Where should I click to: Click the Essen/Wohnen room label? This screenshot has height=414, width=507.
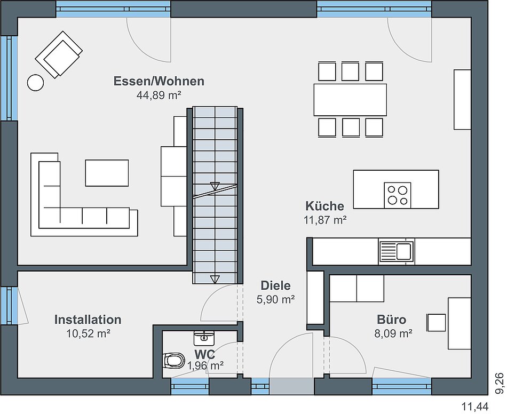tap(159, 81)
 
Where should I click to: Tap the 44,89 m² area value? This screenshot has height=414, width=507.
tap(159, 95)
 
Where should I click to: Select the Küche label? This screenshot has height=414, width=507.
tap(324, 206)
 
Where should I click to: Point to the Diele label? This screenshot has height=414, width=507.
tap(275, 286)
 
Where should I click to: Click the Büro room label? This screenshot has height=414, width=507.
tap(391, 320)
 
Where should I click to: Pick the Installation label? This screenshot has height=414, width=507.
tap(88, 320)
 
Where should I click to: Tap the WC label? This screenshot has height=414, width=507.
tap(204, 355)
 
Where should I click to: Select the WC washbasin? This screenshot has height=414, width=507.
tap(204, 338)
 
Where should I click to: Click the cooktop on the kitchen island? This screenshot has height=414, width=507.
tap(398, 195)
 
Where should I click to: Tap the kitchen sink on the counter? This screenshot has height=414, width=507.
tap(397, 252)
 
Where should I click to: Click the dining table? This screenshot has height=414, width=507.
tap(350, 100)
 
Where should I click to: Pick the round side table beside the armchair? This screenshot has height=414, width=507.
tap(35, 83)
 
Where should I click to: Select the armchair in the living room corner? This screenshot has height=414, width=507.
tap(59, 54)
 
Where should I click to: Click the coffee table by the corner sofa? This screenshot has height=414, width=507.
tap(107, 173)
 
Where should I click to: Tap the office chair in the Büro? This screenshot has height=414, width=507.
tap(436, 322)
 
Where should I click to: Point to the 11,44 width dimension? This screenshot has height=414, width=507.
tap(474, 406)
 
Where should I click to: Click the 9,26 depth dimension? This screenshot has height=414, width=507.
tap(500, 383)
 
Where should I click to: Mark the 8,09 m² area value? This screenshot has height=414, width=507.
tap(393, 333)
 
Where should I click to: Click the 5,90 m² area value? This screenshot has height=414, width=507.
tap(275, 300)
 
